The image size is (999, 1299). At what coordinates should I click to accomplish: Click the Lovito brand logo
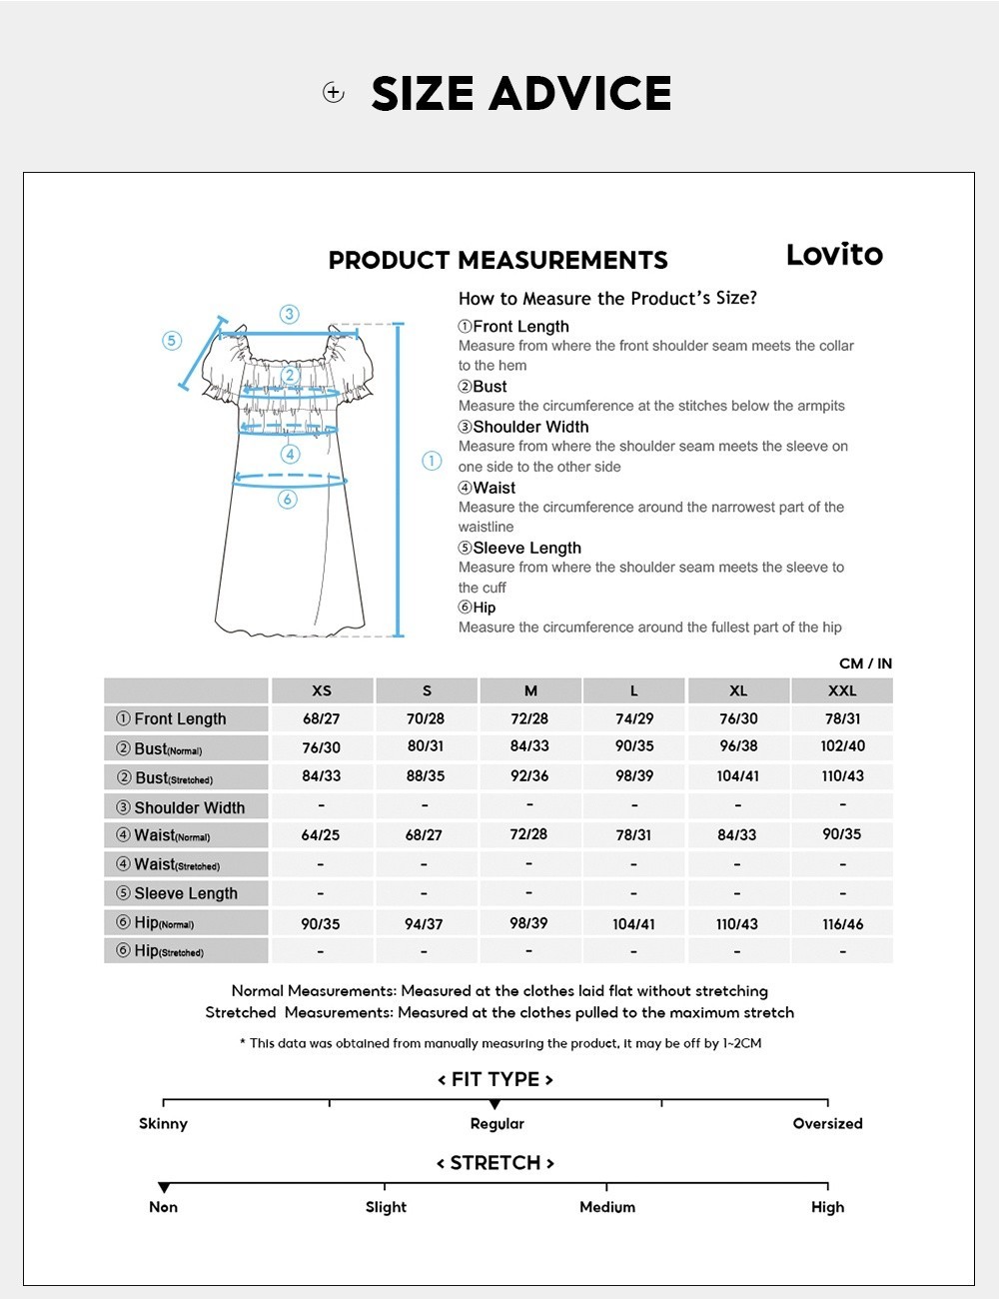point(834,255)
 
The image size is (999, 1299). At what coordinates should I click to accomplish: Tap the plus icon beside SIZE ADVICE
point(334,93)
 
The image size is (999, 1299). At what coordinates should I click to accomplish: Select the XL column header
point(738,690)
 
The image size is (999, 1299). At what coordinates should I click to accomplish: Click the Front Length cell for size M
point(529,718)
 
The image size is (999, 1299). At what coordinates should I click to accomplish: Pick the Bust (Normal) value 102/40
point(842,746)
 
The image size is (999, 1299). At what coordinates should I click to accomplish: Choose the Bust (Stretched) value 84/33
point(322,776)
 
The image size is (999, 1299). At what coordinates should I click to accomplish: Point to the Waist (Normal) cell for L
point(633,834)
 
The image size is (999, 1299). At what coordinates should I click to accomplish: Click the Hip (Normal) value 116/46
point(842,924)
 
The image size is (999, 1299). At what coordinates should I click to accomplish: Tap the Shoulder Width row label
point(188,807)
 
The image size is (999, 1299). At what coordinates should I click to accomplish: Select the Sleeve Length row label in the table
point(185,893)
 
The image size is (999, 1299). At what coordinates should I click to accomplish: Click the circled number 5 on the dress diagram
point(172,341)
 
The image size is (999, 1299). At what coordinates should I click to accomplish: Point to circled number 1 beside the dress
point(432,461)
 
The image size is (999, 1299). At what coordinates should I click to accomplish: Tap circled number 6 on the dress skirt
point(288,499)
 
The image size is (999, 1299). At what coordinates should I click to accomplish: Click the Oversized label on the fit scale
point(827,1123)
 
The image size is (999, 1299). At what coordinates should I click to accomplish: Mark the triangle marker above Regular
point(495,1104)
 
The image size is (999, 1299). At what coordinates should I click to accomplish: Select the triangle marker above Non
point(164,1188)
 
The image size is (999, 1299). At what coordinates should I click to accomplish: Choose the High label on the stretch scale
point(827,1207)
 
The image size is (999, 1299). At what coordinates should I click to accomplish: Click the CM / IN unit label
point(865,663)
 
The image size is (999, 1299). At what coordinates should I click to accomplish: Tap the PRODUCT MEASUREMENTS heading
point(498,261)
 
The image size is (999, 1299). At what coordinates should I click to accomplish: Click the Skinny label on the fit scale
point(163,1123)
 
